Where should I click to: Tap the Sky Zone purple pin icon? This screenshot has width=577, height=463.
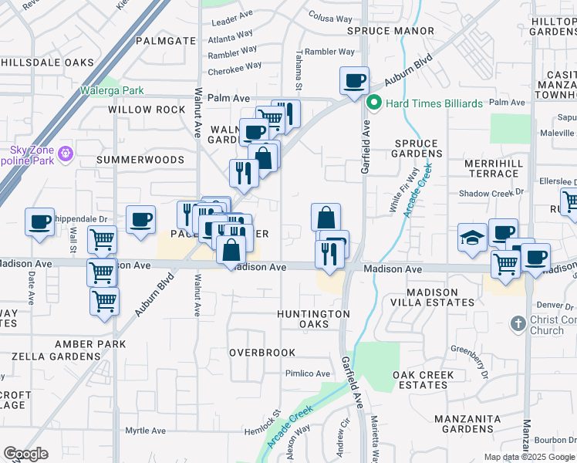coord(66,154)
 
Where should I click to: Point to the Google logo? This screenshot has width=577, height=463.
coord(25,454)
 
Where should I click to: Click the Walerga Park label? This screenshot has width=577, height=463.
coord(112,90)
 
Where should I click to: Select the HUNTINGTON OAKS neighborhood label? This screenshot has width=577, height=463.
coord(313,319)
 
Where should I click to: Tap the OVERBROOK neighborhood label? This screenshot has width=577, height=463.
coord(262,353)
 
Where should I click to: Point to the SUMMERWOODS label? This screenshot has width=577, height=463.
coord(140,160)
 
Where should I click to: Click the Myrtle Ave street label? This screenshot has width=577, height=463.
coord(146,431)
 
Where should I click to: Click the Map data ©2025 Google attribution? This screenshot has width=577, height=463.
coord(529,457)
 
